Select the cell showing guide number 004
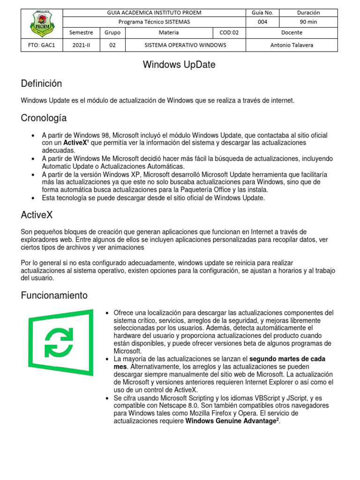click(x=262, y=22)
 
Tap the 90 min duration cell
click(x=309, y=22)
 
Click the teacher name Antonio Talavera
click(x=292, y=45)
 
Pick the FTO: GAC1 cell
click(x=41, y=45)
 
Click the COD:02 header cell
click(x=229, y=32)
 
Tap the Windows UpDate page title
click(x=180, y=65)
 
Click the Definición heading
click(x=42, y=83)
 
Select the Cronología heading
click(x=44, y=118)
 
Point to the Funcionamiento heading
click(x=54, y=295)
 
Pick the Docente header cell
click(x=292, y=32)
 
